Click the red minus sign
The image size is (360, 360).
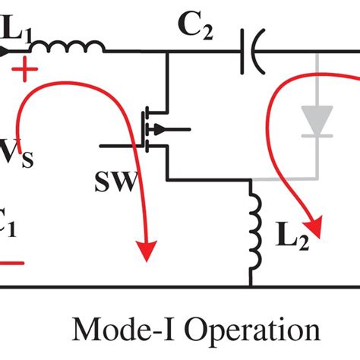(11, 263)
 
